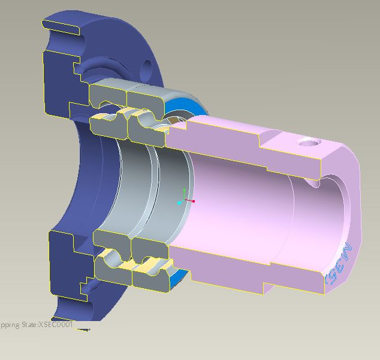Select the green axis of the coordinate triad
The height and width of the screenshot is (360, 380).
184,194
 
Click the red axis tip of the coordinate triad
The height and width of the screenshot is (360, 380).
193,201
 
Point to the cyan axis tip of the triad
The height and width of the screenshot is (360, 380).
179,203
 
